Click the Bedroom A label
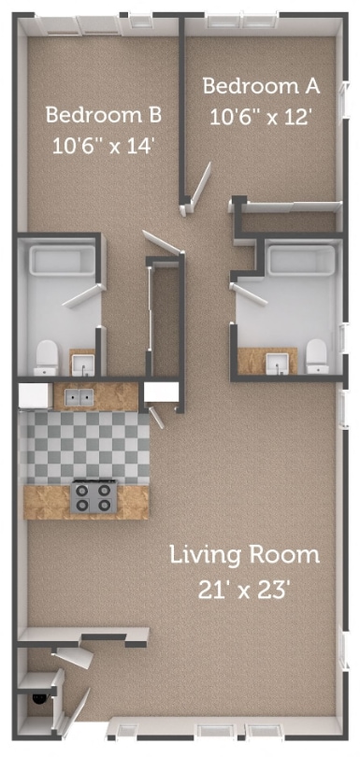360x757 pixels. click(261, 86)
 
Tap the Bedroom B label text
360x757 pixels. click(104, 115)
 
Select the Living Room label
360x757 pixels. click(244, 555)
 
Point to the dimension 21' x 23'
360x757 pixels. click(244, 590)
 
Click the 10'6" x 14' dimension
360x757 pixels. click(103, 145)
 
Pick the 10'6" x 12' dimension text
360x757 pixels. click(260, 116)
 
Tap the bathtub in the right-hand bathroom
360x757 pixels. click(301, 261)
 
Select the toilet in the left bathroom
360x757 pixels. click(47, 358)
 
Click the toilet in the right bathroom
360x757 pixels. click(318, 356)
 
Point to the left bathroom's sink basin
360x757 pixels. click(83, 365)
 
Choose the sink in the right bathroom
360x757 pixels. click(278, 364)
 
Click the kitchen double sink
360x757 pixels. click(79, 397)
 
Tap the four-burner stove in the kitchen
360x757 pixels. click(94, 496)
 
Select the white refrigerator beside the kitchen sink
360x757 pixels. click(36, 396)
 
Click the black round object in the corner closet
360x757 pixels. click(38, 697)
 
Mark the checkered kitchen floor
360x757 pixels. click(84, 448)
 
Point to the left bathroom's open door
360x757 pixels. click(84, 295)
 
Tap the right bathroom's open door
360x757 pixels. click(249, 294)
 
